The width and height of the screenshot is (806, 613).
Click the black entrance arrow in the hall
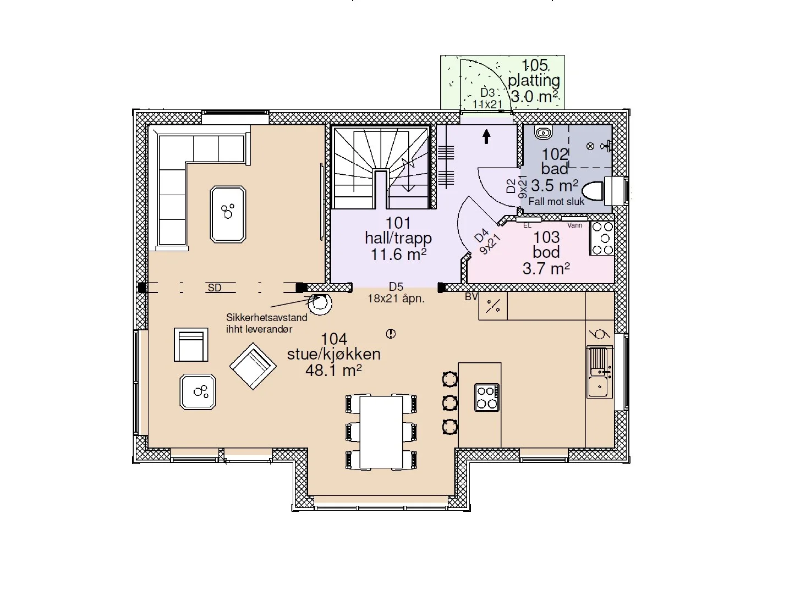point(486,136)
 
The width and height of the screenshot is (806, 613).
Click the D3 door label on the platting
point(487,92)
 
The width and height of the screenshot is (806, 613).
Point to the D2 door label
point(511,186)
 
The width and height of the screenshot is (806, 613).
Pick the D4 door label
point(481,235)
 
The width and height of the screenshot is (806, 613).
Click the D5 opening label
point(396,286)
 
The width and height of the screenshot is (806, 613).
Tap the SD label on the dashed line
point(215,288)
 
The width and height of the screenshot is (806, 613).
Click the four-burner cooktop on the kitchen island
point(486,397)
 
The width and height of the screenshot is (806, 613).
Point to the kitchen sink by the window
point(599,372)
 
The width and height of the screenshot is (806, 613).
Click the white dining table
point(381,432)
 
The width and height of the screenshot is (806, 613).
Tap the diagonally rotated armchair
point(253,366)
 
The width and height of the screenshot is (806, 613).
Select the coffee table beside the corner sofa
point(228,214)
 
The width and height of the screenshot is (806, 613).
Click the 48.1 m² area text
point(333,371)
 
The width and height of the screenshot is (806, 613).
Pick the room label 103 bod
point(546,245)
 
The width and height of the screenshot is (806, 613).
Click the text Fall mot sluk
point(556,201)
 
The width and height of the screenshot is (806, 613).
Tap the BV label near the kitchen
point(471,296)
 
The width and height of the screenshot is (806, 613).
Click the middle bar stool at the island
point(450,403)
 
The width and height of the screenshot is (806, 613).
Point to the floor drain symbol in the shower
point(590,146)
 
